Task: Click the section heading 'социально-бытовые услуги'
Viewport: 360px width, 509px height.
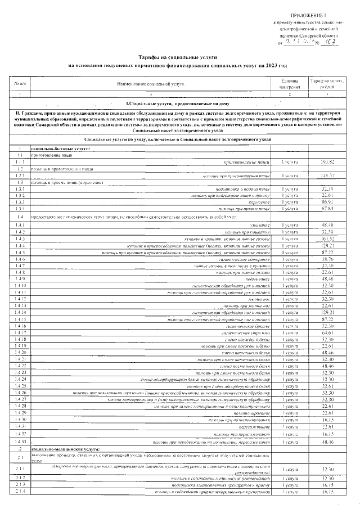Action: point(58,148)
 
